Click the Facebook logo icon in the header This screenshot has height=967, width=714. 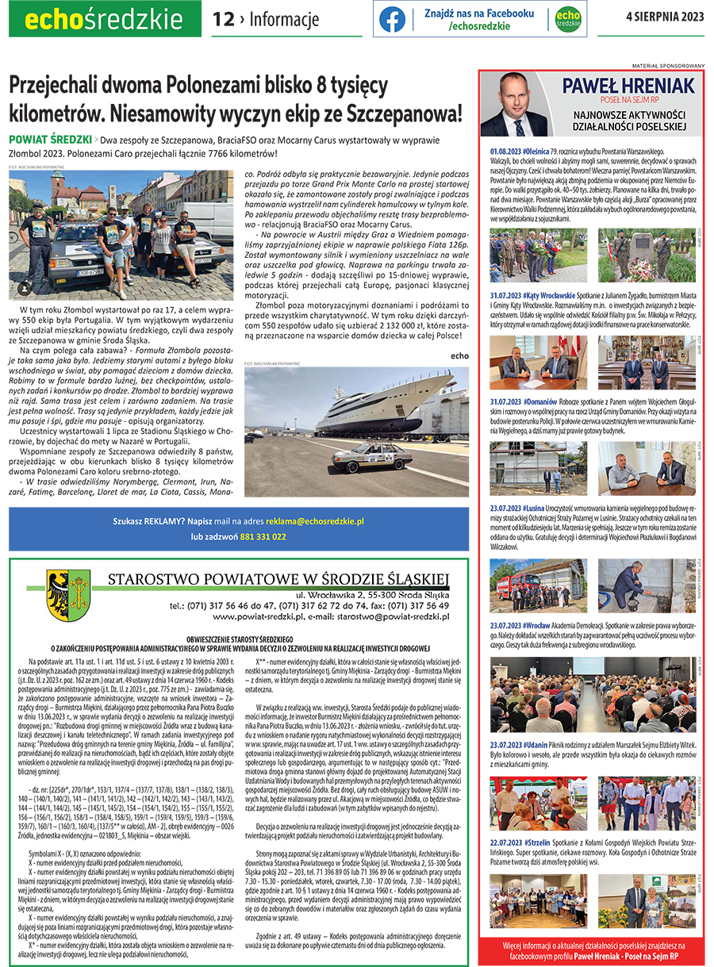point(392,19)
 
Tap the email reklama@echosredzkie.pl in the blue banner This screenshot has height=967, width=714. point(314,521)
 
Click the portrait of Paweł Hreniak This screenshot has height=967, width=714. point(516,105)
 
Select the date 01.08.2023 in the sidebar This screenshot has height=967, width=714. point(505,150)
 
